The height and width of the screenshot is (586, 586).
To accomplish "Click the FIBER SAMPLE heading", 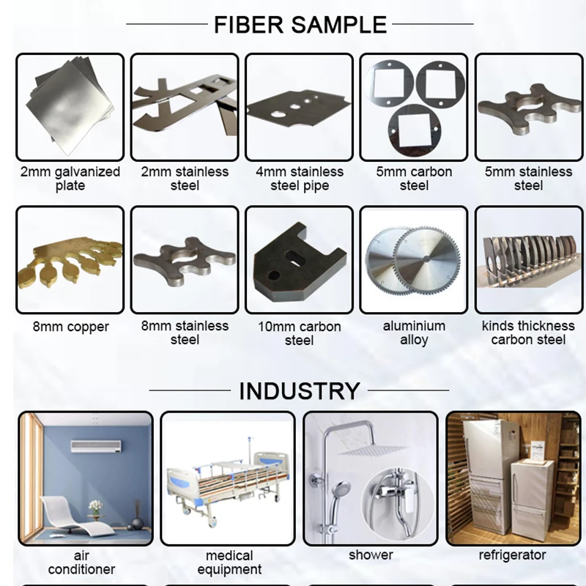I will tap(300, 24).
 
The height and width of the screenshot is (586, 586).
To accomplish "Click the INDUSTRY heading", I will tap(300, 390).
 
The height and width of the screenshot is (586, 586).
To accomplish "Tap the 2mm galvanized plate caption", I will tap(70, 179).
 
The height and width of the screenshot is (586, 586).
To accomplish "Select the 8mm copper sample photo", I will tap(70, 259).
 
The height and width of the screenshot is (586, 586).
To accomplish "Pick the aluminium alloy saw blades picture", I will tap(414, 259).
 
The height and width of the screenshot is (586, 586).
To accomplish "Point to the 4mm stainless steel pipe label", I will tap(300, 179).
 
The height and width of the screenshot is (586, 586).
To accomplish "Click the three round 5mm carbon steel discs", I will tap(414, 107).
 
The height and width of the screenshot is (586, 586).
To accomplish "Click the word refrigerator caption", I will tap(513, 555).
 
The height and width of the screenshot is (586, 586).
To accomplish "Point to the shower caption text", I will tap(371, 555).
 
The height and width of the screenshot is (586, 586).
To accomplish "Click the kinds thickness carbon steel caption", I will tap(528, 333).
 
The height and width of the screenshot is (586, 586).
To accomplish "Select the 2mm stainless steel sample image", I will tap(185, 107).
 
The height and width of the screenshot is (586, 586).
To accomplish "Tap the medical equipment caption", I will tap(229, 562).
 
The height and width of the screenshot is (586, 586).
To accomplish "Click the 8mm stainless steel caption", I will tap(185, 333).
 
